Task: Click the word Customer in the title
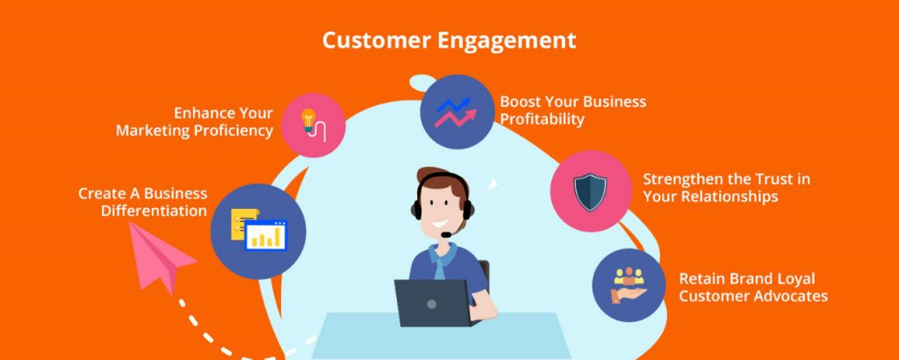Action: point(377,40)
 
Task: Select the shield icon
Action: point(590,192)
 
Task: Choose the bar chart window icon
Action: point(265,235)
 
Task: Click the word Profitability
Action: point(542,119)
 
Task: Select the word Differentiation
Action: point(154,211)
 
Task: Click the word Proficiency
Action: point(233,131)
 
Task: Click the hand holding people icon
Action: point(629,284)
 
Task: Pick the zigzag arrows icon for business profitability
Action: point(456,112)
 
